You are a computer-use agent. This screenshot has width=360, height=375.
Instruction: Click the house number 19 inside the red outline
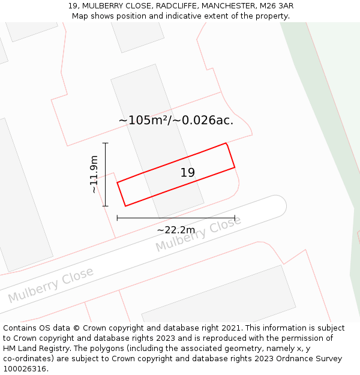coord(188,173)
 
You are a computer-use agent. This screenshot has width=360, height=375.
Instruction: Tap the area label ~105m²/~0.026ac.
coord(176,121)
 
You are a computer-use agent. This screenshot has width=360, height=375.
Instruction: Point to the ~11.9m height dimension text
coord(94,175)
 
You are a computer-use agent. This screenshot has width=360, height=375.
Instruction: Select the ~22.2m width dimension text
coord(176,230)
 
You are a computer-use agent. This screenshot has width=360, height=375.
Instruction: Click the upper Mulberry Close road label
coord(198,233)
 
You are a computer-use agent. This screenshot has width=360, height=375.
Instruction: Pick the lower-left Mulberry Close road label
coord(51,285)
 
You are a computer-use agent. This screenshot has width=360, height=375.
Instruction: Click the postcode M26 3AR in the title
coord(277,6)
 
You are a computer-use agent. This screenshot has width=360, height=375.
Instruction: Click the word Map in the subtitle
coord(80,16)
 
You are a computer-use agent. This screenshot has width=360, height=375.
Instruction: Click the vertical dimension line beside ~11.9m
coord(106,175)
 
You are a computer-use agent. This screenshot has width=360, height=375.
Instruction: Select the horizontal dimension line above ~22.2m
coord(176,218)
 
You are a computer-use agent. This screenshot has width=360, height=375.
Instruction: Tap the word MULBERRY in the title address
coord(103,6)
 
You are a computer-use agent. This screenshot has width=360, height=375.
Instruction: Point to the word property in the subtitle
coord(271,16)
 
